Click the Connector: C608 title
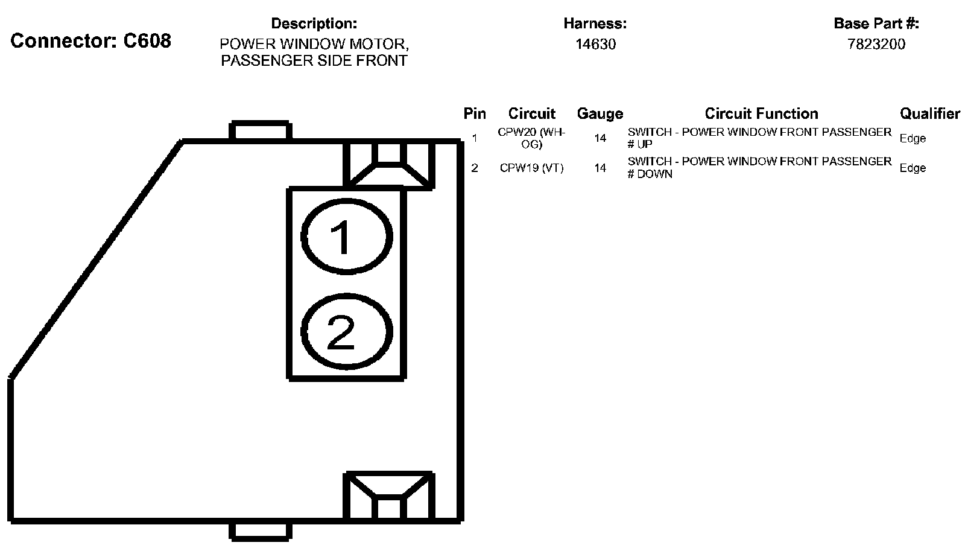(91, 41)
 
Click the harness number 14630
(595, 44)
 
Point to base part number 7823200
(876, 44)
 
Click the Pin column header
(475, 113)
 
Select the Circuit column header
(531, 113)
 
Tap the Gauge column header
(600, 113)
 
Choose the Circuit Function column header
(761, 113)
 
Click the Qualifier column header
(929, 113)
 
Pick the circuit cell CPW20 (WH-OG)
(531, 138)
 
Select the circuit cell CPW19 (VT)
(531, 168)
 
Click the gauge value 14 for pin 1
(600, 138)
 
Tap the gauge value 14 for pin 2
(600, 168)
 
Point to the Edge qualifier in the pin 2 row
(913, 168)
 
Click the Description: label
(314, 24)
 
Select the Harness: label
(595, 24)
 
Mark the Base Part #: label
(876, 24)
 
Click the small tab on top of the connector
(261, 132)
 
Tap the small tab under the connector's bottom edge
(261, 530)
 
